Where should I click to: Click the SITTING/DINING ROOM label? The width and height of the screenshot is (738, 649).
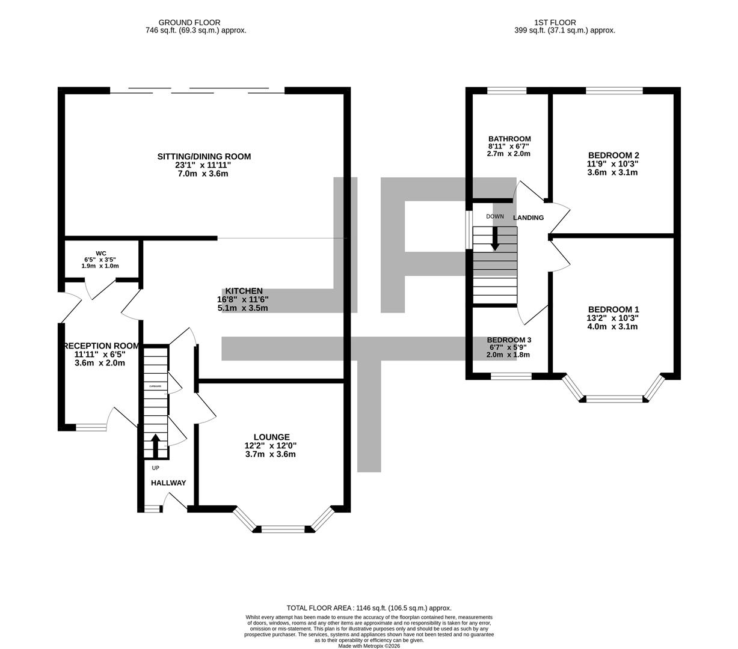(204, 157)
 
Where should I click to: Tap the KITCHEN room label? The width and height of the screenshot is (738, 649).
(244, 291)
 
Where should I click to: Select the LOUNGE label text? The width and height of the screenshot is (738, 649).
(271, 437)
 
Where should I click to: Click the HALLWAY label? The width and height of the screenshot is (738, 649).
(168, 483)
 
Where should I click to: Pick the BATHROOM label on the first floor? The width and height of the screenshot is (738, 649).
(509, 139)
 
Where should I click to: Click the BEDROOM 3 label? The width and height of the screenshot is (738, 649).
(509, 340)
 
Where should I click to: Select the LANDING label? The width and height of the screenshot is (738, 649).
(528, 218)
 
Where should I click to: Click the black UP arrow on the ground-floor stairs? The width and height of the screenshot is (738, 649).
(155, 446)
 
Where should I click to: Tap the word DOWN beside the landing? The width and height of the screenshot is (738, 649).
(495, 216)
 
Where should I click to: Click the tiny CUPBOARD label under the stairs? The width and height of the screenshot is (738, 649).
(155, 386)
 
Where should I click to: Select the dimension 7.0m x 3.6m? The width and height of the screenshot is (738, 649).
(204, 174)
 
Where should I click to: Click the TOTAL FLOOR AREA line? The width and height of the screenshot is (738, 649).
(369, 608)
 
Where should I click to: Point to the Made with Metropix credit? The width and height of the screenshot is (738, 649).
(369, 646)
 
